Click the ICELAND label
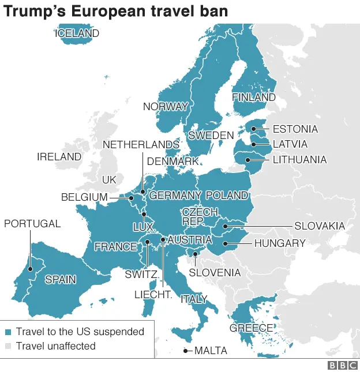click(77, 33)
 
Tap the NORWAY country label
click(165, 107)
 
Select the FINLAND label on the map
click(253, 97)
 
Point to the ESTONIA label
click(295, 129)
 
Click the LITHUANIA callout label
click(299, 160)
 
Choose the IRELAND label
click(59, 157)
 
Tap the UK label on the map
click(109, 180)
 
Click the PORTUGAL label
click(32, 224)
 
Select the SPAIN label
click(60, 280)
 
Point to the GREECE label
click(251, 328)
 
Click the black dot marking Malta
click(186, 351)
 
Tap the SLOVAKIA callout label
click(319, 226)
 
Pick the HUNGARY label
click(280, 243)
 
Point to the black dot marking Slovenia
click(196, 254)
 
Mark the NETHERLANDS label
click(141, 144)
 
